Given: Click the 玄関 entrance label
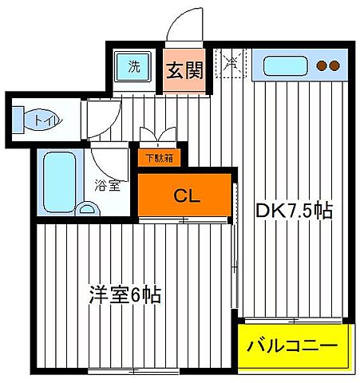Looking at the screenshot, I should (184, 70).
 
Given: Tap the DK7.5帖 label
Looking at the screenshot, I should (293, 211).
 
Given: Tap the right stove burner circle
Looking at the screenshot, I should (334, 66).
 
